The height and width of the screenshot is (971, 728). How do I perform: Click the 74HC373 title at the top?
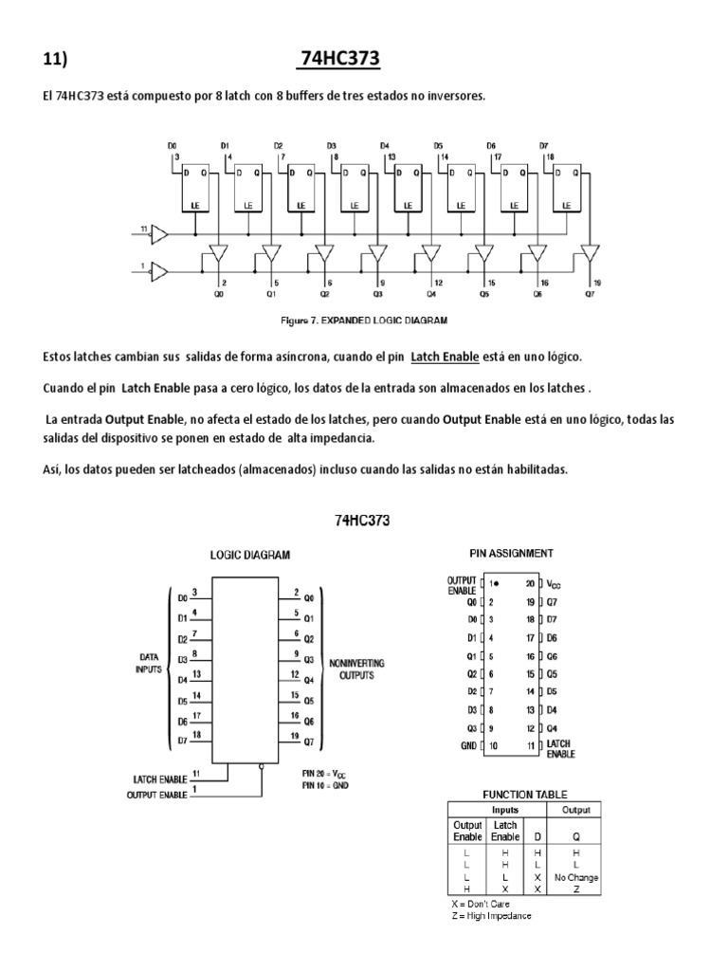(339, 59)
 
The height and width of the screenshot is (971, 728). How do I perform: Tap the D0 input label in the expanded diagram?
(172, 146)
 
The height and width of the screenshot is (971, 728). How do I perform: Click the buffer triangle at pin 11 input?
(159, 232)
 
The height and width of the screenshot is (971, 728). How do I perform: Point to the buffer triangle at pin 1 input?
(159, 272)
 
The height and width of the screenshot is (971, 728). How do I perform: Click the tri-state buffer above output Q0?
(218, 253)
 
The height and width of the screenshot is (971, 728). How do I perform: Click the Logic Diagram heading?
(250, 555)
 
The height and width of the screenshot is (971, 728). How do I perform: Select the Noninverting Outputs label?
(356, 669)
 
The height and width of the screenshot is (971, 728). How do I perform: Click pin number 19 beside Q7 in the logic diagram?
(296, 736)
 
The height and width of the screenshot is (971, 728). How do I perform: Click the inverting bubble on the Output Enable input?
(261, 771)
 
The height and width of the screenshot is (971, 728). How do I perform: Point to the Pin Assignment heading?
(512, 553)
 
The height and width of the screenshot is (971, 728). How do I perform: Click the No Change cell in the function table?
(576, 877)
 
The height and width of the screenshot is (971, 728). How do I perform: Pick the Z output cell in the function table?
(576, 889)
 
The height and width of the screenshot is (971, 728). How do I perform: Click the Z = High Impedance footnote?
(491, 916)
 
